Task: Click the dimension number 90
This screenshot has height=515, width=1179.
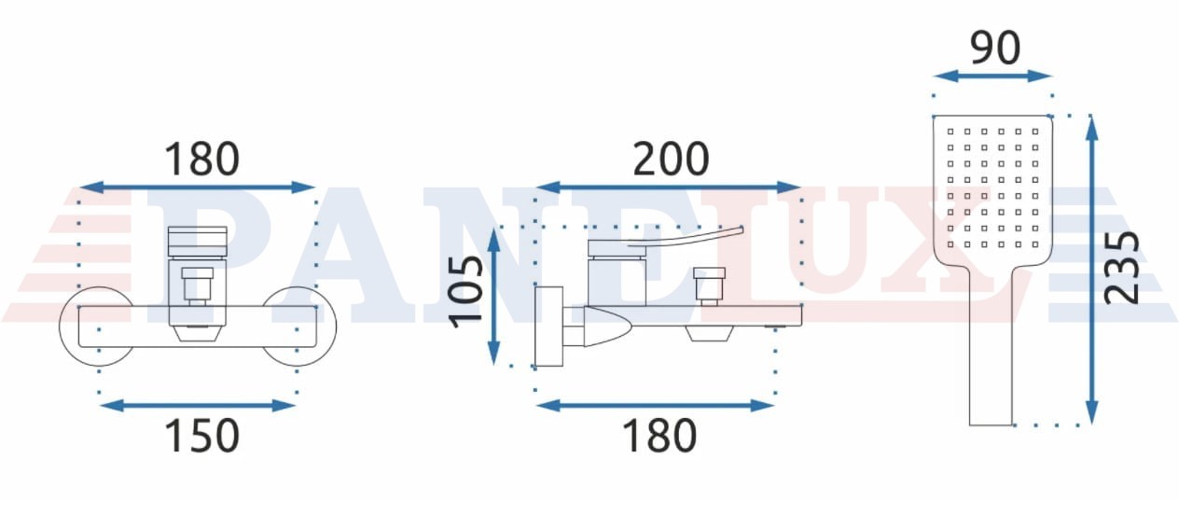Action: (994, 49)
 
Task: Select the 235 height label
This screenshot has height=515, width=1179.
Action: (1121, 268)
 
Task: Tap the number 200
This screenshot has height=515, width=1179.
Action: (671, 159)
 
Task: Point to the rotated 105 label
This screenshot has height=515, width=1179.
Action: (465, 292)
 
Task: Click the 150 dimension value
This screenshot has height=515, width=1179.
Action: (202, 436)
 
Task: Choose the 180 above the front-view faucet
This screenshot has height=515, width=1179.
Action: (202, 159)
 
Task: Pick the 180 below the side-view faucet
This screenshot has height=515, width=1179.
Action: (659, 436)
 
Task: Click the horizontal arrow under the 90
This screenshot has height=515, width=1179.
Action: (992, 77)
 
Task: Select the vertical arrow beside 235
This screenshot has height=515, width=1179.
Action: (1092, 270)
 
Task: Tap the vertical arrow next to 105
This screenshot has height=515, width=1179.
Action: (493, 297)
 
